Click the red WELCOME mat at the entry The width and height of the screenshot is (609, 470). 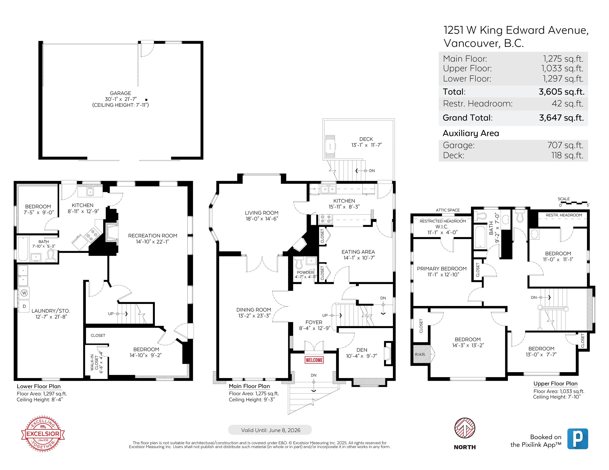[x=314, y=360]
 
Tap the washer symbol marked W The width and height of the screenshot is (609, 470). [x=24, y=293]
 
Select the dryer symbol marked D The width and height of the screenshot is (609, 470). [x=24, y=306]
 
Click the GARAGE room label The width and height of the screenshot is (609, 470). [x=121, y=93]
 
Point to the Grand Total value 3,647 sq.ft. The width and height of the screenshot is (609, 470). [x=561, y=118]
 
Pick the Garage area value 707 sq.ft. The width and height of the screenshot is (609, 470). [x=565, y=145]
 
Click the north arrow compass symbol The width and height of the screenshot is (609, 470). [x=465, y=428]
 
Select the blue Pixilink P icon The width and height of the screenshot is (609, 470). [x=578, y=439]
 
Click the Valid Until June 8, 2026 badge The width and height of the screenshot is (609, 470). [x=270, y=430]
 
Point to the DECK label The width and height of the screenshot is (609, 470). [x=366, y=139]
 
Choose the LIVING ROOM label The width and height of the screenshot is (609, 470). [x=261, y=213]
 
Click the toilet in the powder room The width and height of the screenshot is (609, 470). [x=299, y=262]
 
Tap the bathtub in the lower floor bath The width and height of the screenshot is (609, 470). [x=23, y=249]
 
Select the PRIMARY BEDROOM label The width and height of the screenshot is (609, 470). [x=442, y=269]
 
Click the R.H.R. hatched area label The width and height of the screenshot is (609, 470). [x=420, y=355]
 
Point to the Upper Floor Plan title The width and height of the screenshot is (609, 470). [x=555, y=384]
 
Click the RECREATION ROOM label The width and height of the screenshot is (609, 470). [x=153, y=236]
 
